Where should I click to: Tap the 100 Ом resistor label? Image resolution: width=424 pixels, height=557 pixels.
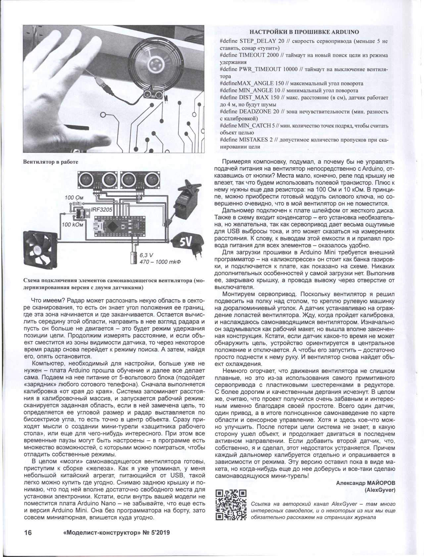[74, 197]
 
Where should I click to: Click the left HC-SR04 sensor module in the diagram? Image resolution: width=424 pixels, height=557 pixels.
[98, 180]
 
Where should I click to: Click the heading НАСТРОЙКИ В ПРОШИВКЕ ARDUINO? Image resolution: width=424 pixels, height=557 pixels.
[304, 32]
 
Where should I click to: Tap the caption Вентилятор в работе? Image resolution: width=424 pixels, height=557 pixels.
[50, 162]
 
